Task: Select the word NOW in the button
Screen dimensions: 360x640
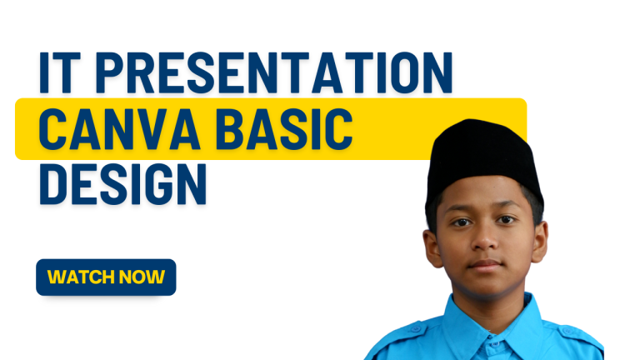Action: (x=142, y=277)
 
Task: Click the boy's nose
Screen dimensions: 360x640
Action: (x=485, y=242)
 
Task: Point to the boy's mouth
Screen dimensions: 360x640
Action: (x=486, y=265)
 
